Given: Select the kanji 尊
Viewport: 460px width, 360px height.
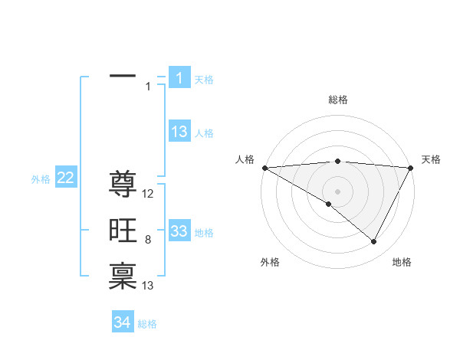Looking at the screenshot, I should (123, 184).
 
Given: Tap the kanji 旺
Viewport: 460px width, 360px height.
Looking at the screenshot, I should (123, 230).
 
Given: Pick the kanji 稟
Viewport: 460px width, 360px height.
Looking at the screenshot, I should (123, 276).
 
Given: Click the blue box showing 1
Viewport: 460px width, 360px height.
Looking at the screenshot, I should (179, 77).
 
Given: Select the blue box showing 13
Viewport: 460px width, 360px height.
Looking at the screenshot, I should (179, 132).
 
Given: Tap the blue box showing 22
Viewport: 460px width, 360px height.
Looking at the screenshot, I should (66, 178).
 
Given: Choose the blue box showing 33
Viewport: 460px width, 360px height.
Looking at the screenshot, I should (179, 231).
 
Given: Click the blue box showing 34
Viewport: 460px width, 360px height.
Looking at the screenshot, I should (123, 322).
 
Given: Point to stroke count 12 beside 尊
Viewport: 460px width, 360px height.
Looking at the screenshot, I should (149, 194).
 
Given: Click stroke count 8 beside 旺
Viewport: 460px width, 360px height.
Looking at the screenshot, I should (148, 240).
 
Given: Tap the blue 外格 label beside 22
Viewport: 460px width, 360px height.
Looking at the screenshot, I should (41, 179).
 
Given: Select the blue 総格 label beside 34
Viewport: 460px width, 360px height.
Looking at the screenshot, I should (147, 324).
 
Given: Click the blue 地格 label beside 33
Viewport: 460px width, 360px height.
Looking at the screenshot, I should (204, 233).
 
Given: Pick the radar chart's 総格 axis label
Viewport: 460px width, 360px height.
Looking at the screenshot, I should (337, 100).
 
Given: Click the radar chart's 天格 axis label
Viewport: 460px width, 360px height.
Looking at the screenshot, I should (431, 159).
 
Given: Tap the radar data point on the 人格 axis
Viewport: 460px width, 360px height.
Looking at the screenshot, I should (264, 167).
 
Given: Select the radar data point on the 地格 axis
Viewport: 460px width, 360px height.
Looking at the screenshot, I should (374, 241).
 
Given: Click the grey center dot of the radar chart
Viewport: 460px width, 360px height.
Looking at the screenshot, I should (337, 191).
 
